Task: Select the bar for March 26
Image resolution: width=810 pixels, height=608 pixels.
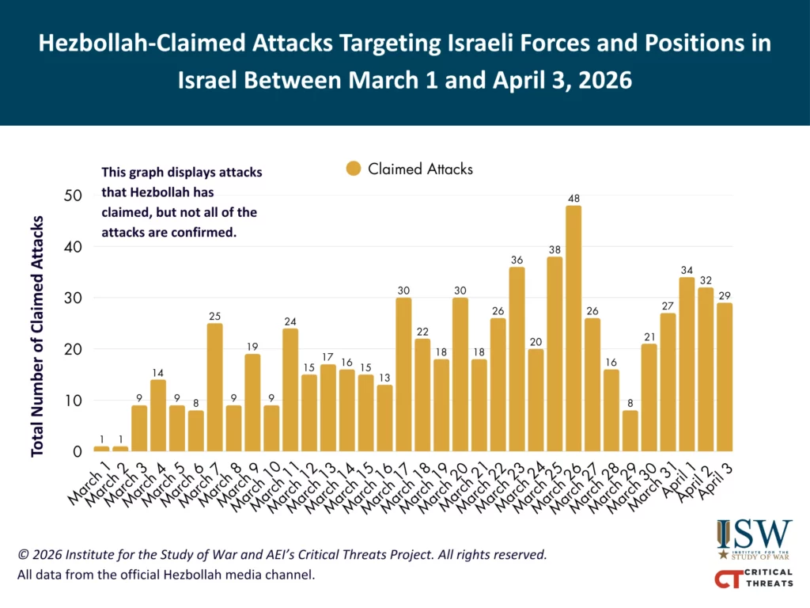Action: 573,329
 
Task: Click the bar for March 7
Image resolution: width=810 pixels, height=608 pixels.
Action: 215,387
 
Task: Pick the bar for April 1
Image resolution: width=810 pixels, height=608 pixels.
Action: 687,364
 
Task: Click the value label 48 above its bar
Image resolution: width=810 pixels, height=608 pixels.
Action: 573,197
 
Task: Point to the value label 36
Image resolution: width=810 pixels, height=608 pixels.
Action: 517,259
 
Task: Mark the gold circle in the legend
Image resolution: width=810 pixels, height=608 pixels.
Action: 354,169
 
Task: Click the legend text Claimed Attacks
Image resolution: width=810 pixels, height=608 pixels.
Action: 420,169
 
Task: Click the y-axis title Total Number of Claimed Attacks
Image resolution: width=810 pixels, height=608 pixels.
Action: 37,336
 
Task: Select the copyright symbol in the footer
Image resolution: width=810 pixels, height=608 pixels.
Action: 23,554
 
